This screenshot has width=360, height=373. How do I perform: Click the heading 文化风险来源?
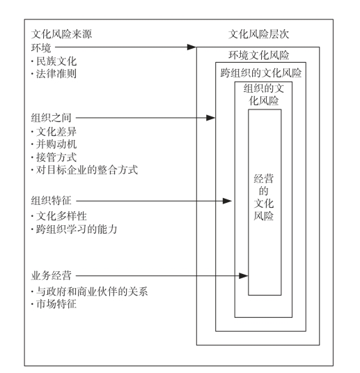point(61,34)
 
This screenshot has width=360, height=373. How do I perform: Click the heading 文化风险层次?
point(258,34)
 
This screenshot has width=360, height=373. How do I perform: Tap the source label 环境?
point(41,47)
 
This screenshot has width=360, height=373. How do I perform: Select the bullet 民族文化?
point(56,61)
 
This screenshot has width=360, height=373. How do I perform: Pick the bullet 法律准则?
point(56,73)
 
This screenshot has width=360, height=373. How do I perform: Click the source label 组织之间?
point(51,118)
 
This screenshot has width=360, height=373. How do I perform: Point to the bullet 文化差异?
point(56,132)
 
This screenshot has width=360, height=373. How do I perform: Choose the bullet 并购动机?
point(56,144)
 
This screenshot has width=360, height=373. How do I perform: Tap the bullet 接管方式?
point(56,158)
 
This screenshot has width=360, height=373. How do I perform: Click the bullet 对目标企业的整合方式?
point(87,170)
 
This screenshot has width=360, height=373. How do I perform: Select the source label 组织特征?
point(51,201)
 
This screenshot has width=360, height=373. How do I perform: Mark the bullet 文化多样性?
point(61,216)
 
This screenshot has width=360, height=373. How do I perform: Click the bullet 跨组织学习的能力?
point(77,229)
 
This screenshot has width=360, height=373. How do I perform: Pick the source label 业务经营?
point(51,275)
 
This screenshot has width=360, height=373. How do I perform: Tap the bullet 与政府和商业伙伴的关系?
point(92,291)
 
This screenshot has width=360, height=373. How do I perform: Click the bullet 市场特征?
point(56,304)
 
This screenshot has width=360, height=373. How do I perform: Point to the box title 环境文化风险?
point(258,55)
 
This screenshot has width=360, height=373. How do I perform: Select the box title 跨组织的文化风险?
point(261,73)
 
